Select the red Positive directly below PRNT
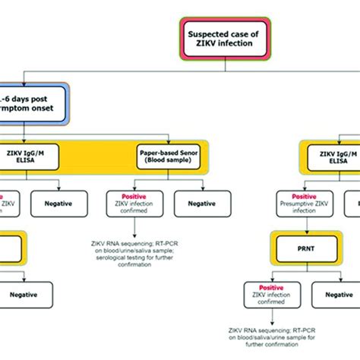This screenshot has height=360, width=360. point(270,288)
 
